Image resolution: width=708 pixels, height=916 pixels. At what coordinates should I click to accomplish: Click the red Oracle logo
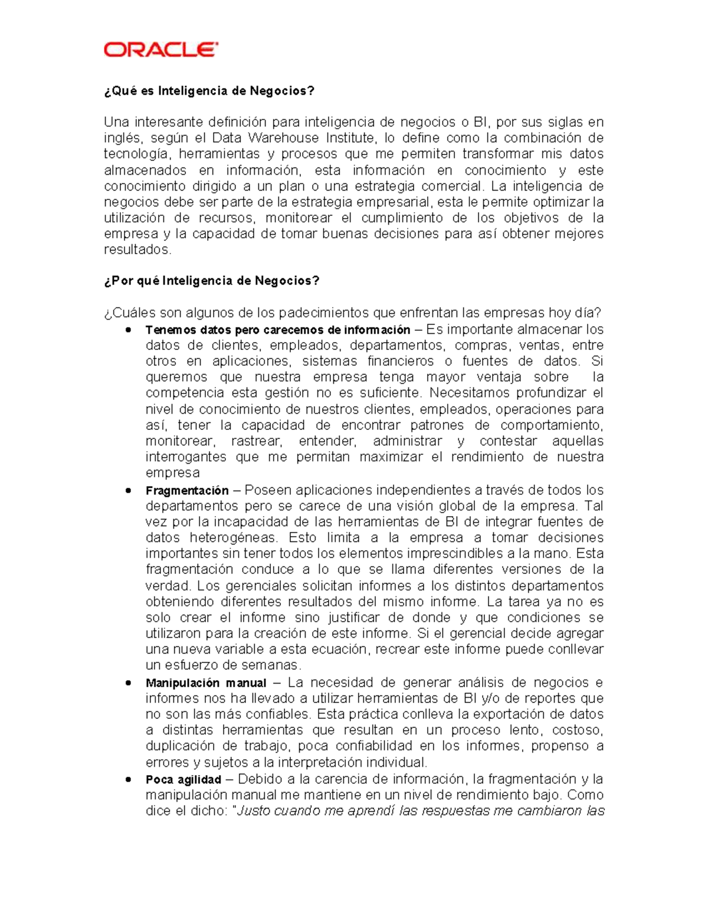(160, 50)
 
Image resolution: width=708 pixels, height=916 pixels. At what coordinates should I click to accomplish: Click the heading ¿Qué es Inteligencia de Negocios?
(209, 91)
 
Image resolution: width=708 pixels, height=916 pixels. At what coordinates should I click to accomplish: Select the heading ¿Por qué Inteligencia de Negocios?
(211, 281)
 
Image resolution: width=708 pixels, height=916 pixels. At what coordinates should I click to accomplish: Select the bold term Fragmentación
(187, 491)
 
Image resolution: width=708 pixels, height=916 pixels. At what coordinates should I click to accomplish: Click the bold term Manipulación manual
(206, 683)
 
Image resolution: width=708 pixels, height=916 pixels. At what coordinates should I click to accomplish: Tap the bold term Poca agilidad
(183, 780)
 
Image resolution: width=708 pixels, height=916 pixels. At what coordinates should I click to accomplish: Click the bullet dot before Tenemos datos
(128, 330)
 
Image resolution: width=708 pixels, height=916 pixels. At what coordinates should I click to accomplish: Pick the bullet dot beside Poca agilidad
(128, 780)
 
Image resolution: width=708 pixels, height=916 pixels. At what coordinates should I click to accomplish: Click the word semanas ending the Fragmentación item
(273, 665)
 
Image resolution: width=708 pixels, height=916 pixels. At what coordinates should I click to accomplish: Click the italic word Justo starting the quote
(253, 811)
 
